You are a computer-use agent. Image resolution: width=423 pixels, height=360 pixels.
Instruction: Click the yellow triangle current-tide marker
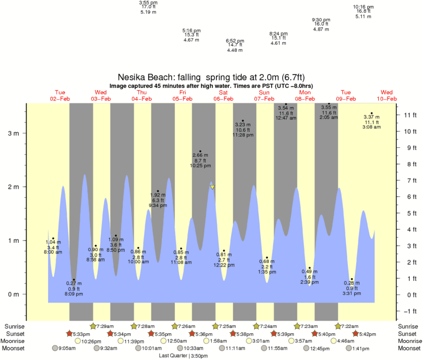(212, 187)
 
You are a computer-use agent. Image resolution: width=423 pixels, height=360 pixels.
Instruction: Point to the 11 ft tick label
(410, 115)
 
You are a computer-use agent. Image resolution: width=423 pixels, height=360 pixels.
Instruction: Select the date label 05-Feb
(182, 99)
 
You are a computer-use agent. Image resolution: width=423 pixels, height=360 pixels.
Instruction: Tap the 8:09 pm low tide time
(74, 294)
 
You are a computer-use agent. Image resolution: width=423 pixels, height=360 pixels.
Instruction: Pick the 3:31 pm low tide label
(352, 293)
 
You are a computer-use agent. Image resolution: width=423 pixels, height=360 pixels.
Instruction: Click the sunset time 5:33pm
(81, 334)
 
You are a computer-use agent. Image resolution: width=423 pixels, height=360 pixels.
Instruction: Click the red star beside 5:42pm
(355, 333)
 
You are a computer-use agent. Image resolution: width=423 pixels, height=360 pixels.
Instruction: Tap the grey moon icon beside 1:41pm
(349, 348)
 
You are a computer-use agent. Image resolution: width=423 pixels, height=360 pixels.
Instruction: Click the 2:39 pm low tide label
(309, 283)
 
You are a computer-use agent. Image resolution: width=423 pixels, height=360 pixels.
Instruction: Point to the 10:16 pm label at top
(363, 7)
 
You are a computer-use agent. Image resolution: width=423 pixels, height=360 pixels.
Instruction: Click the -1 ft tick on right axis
(408, 311)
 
